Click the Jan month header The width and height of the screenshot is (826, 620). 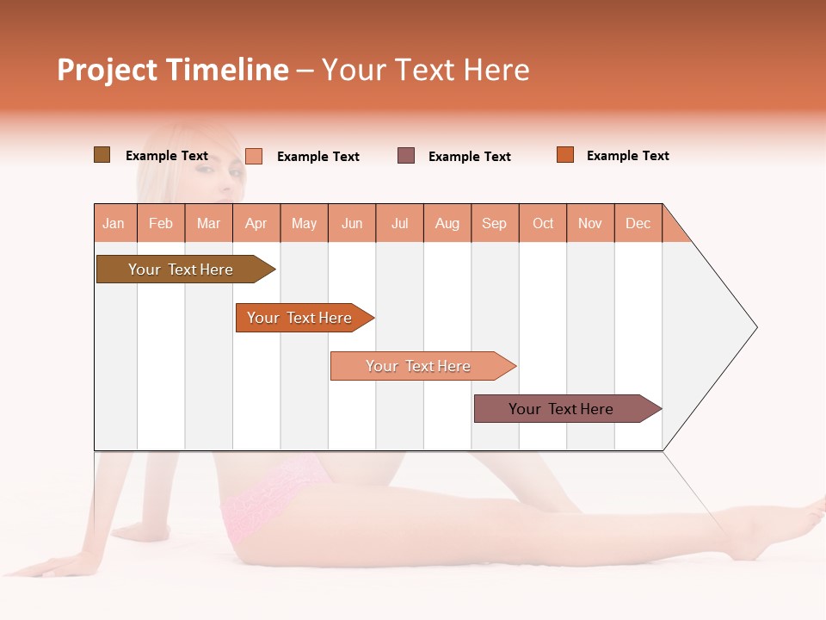pyautogui.click(x=114, y=223)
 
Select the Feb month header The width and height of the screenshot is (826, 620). pyautogui.click(x=161, y=223)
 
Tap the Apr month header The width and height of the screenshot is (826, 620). pyautogui.click(x=256, y=223)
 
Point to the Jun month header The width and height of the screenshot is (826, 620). pyautogui.click(x=352, y=223)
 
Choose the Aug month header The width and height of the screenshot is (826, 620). pyautogui.click(x=447, y=223)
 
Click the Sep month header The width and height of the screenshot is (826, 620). pyautogui.click(x=495, y=223)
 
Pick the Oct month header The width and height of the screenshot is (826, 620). pyautogui.click(x=543, y=223)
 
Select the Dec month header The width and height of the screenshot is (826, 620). pyautogui.click(x=638, y=223)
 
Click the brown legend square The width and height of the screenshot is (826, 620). pyautogui.click(x=102, y=155)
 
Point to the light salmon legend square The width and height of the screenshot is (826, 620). pyautogui.click(x=254, y=156)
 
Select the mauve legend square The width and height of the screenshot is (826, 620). pyautogui.click(x=406, y=156)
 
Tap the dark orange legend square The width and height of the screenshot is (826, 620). pyautogui.click(x=565, y=155)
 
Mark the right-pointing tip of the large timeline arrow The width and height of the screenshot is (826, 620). pyautogui.click(x=755, y=327)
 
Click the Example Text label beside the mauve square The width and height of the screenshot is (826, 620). pyautogui.click(x=470, y=157)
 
